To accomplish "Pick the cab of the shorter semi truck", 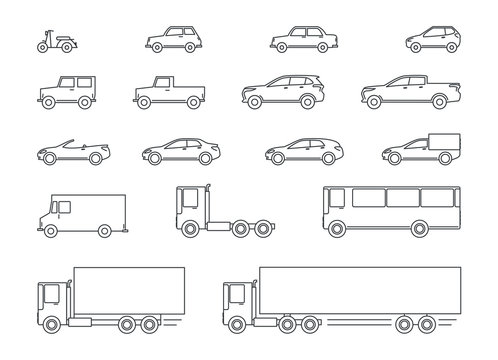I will [50, 297].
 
